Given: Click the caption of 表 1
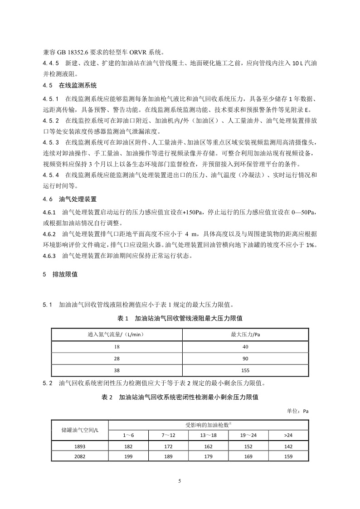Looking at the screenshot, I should (x=180, y=318).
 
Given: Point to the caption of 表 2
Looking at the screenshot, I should (x=180, y=397).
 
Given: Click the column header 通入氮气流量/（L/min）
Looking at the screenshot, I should (x=117, y=335).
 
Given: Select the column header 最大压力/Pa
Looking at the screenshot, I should (x=245, y=335).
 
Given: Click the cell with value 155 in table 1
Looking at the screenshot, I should (x=245, y=369).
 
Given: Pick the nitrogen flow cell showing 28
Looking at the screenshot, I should (x=117, y=358).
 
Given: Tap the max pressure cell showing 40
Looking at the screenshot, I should (x=245, y=347).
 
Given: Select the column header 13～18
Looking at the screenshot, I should (x=209, y=435).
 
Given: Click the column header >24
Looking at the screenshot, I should (x=288, y=435).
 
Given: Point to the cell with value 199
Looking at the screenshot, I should (x=129, y=456).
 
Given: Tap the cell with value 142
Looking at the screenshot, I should (x=288, y=446).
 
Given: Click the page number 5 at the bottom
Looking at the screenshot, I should (x=180, y=481).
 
